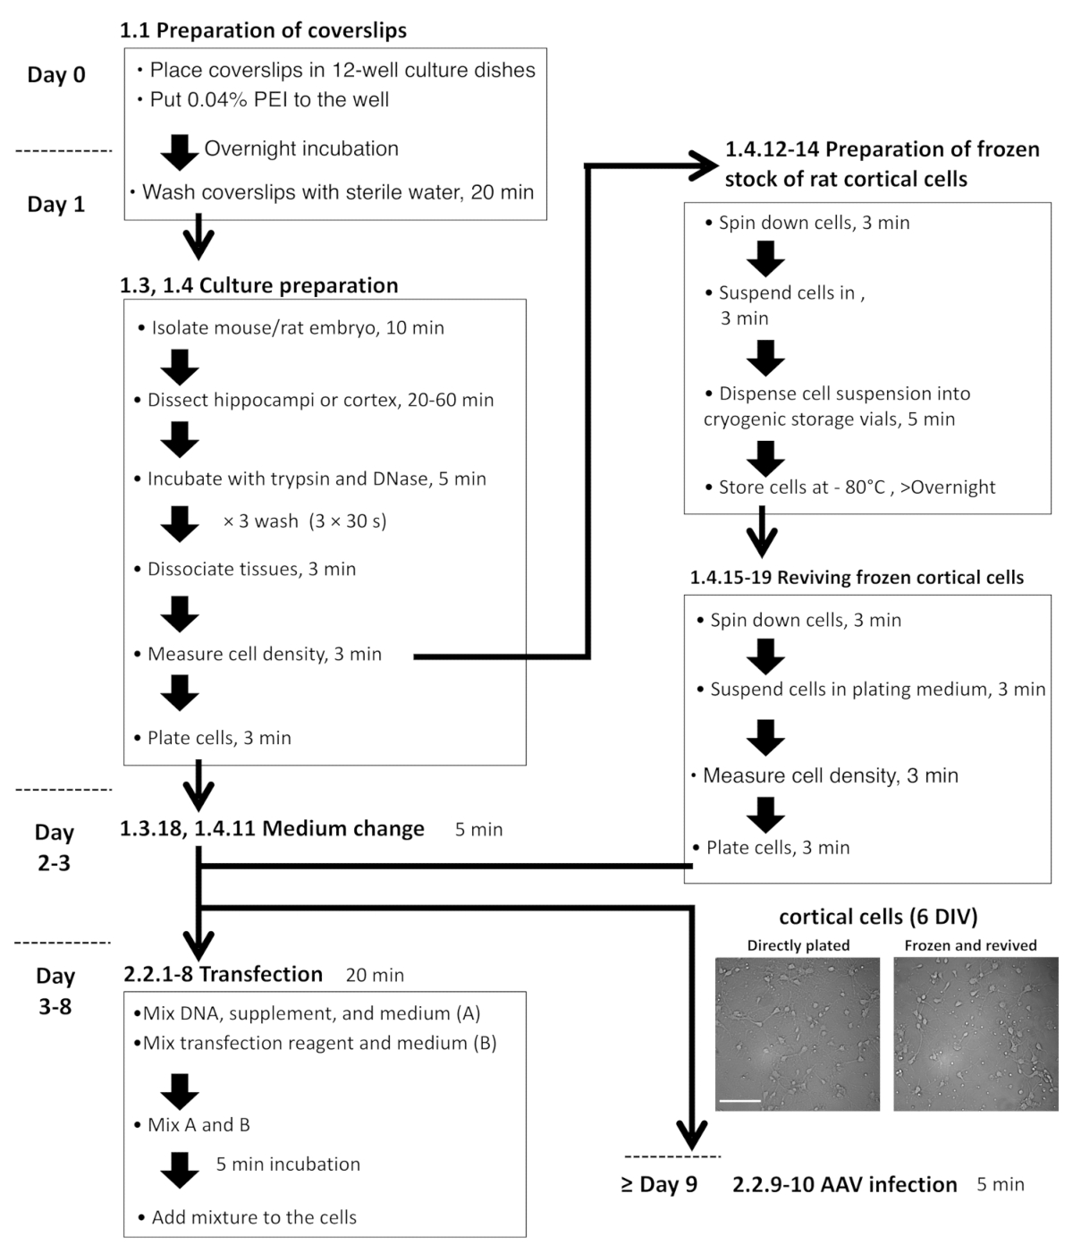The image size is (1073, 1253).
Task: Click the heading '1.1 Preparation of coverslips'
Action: (263, 30)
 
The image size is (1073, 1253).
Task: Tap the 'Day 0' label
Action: (56, 75)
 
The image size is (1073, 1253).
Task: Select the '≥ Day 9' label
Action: (659, 1185)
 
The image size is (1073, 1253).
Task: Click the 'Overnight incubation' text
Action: (301, 148)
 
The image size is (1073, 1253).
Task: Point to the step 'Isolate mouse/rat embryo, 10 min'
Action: (297, 327)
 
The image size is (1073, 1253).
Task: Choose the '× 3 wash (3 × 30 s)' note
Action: (305, 521)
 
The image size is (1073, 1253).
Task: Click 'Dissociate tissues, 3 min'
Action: (251, 569)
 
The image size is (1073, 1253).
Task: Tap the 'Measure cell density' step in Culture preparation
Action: (264, 654)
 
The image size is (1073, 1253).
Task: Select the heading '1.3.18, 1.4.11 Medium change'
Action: (272, 829)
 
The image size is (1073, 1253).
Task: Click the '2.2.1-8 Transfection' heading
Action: (223, 975)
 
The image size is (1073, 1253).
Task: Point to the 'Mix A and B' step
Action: (199, 1125)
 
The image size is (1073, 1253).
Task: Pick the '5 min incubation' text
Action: (288, 1164)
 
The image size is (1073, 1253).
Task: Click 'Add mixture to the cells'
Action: (253, 1217)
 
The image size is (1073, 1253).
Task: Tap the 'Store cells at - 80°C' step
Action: (857, 487)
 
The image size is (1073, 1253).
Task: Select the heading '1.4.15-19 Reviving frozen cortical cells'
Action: (857, 578)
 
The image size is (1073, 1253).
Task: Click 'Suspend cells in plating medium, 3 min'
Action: (877, 690)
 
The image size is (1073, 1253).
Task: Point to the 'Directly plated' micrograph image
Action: (798, 1034)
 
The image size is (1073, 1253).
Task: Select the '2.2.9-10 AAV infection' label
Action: (844, 1185)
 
